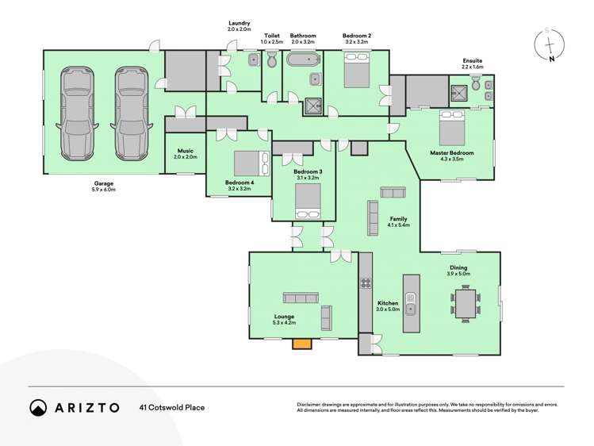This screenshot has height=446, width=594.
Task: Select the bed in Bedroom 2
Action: [x=355, y=70]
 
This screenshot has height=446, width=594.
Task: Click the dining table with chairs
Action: [x=466, y=303]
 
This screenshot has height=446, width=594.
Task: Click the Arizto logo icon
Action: [x=38, y=407]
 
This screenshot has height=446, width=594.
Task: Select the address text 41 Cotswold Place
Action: [x=172, y=407]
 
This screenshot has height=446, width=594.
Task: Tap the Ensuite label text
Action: [x=473, y=60]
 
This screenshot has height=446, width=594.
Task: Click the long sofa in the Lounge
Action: [x=301, y=298]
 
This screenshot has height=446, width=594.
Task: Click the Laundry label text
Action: [x=240, y=24]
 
